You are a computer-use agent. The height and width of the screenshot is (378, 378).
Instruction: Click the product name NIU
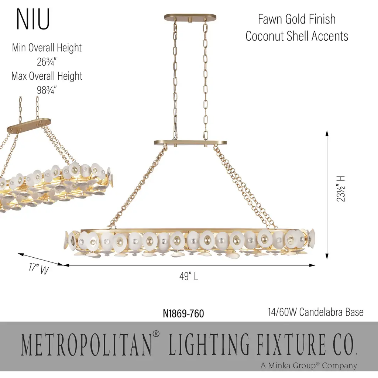point(33,19)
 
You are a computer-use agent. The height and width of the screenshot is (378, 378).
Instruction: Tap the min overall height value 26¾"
point(47,62)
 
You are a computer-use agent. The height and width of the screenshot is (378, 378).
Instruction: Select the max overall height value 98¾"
point(47,90)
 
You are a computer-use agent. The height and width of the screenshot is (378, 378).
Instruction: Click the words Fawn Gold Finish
point(297,19)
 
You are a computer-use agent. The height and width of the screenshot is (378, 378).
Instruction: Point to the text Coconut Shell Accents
point(297,36)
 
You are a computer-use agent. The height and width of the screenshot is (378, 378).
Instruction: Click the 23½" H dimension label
point(341,189)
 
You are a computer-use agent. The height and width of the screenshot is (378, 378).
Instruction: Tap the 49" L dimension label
point(189,276)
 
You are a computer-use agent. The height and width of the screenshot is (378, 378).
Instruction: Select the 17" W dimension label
point(38,269)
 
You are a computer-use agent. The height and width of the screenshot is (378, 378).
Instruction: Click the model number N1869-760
point(183,314)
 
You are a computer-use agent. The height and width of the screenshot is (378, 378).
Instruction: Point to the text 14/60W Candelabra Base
point(316,312)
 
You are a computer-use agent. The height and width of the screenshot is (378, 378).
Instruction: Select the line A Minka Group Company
point(309,365)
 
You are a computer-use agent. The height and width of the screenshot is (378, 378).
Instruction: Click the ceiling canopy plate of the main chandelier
point(190,18)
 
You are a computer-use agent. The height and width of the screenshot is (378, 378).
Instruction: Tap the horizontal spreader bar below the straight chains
point(190,143)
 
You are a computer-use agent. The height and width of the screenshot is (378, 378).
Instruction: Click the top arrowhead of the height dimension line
point(327,133)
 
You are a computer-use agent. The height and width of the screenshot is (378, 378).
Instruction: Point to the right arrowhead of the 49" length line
point(312,265)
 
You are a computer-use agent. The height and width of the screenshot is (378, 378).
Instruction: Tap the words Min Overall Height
point(47,48)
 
